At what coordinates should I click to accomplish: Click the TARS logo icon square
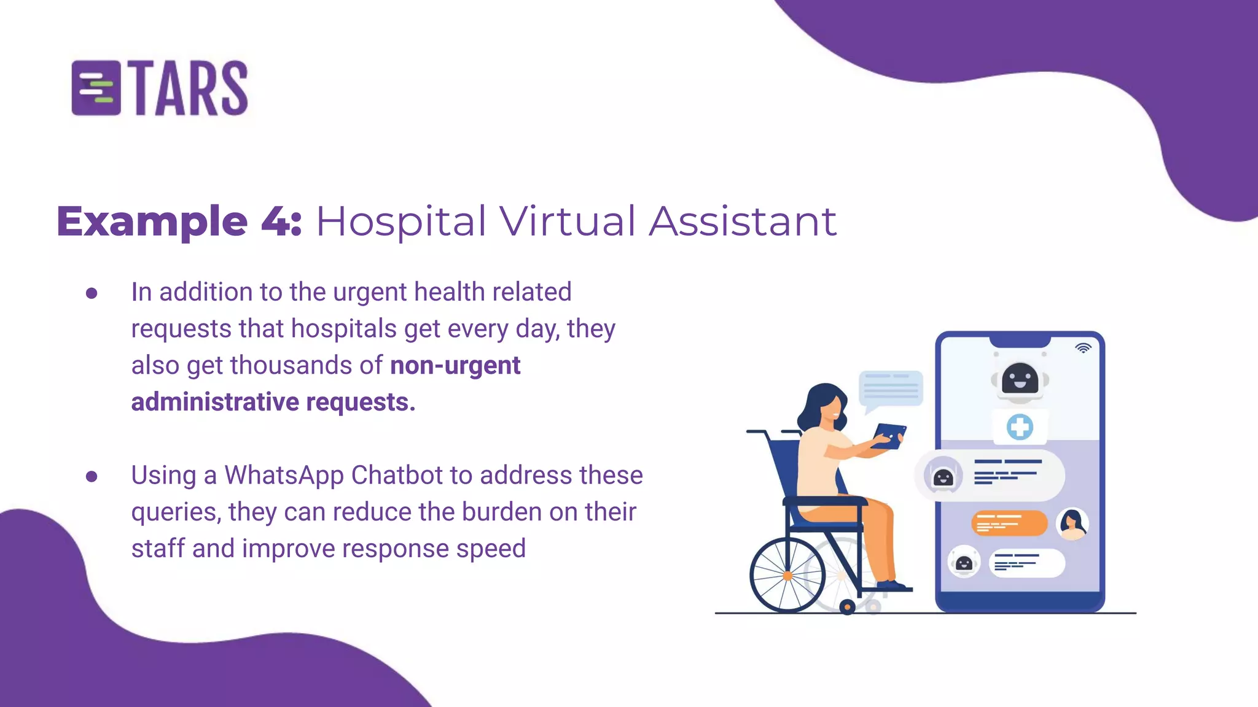96,88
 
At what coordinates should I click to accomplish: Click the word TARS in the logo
190,88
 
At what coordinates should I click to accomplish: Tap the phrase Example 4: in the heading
179,221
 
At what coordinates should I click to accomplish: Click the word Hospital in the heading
400,221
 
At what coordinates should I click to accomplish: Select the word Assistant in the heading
743,221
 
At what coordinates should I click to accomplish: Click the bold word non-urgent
455,365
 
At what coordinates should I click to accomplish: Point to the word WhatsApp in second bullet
284,475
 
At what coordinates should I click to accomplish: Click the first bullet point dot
92,293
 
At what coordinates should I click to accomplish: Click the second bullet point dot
92,476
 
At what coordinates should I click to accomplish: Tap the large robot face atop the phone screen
1020,379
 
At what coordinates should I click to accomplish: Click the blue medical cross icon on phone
1020,427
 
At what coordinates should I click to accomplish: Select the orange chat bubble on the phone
1009,523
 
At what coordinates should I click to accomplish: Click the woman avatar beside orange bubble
1072,523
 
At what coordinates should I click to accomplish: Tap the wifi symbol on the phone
1083,348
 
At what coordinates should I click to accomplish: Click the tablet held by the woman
889,435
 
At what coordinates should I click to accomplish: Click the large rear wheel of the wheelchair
787,575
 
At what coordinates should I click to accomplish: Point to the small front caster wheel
847,607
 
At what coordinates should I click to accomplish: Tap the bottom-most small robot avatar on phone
964,562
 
